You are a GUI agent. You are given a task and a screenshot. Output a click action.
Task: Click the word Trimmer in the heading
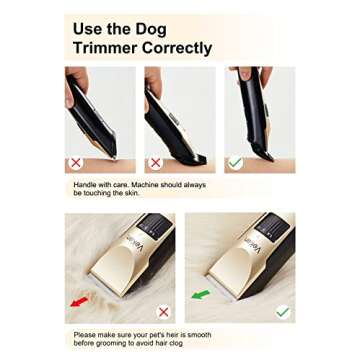107,47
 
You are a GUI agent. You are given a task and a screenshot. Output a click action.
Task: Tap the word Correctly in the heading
178,47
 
